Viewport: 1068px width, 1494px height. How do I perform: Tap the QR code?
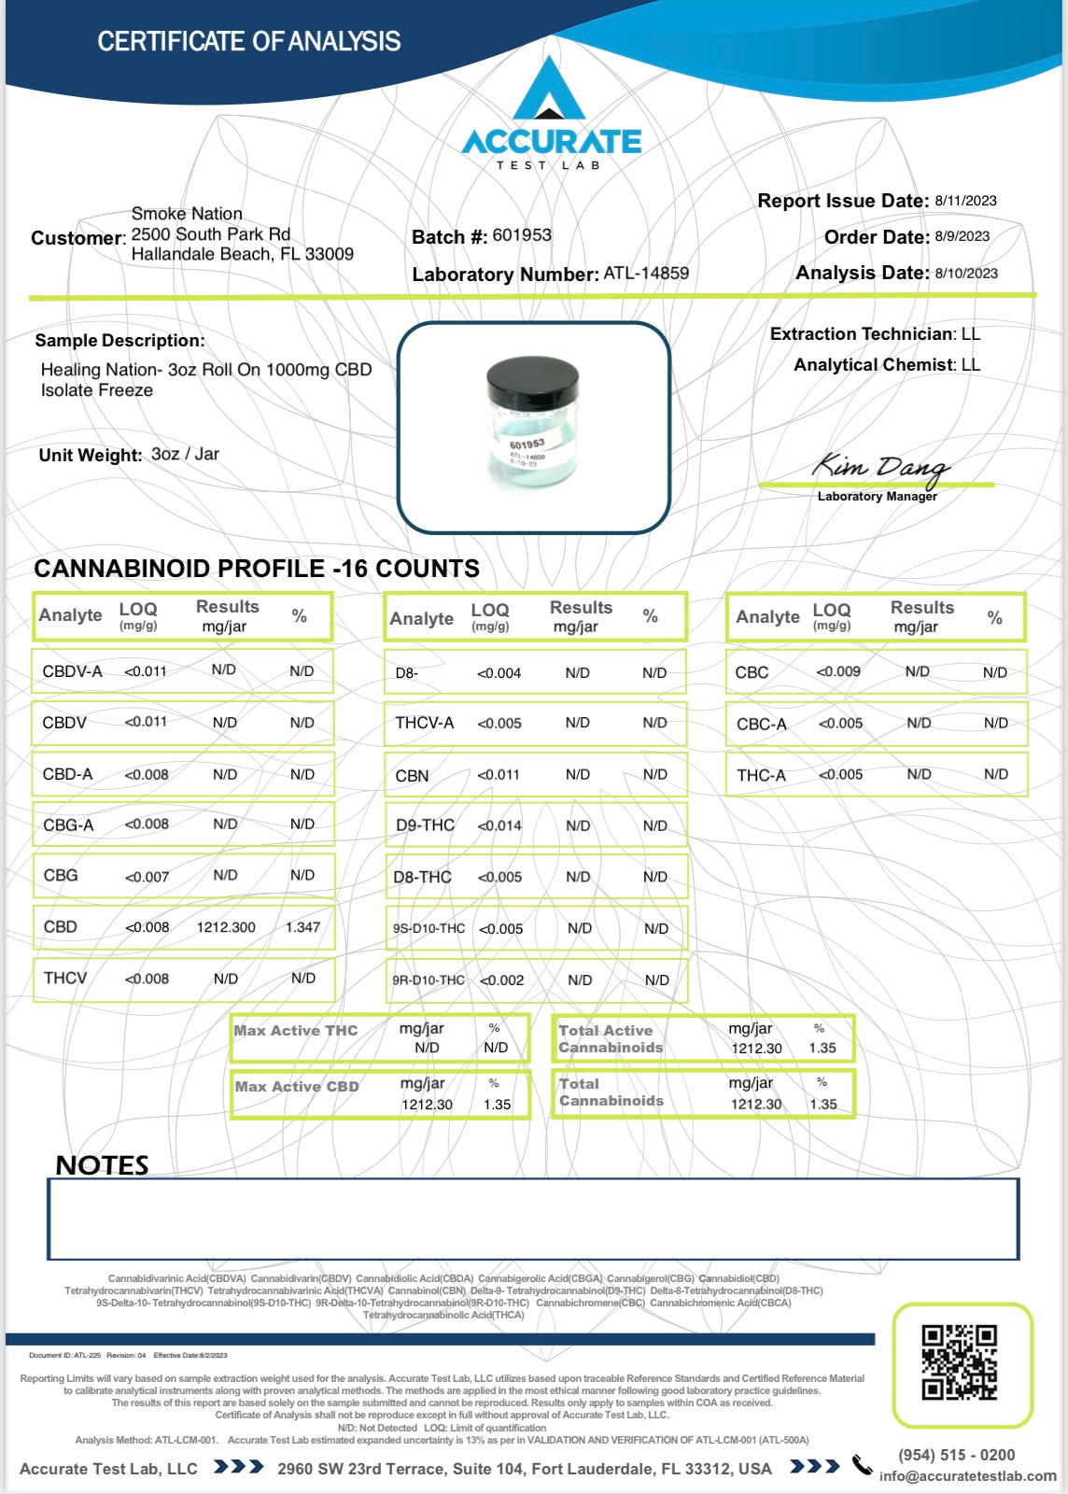[959, 1362]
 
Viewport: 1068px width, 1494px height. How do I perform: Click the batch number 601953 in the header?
[522, 235]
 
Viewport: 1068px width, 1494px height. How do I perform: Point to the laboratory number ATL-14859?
[646, 274]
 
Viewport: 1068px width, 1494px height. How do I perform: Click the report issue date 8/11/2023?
[965, 201]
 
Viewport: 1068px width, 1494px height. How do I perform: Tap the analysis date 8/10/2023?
[966, 274]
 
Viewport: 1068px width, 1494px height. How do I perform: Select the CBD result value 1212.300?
[226, 927]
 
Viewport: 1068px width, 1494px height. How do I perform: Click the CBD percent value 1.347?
[302, 927]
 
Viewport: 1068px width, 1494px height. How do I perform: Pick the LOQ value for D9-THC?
[499, 825]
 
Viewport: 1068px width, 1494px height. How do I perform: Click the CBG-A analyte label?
[68, 825]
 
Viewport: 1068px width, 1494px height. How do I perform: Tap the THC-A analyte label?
[761, 775]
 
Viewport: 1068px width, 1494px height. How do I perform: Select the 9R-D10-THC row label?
[429, 980]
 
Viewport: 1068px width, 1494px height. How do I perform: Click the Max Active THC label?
[296, 1031]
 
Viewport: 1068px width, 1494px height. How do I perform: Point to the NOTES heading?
[102, 1165]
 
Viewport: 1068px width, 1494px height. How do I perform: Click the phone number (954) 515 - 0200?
[956, 1455]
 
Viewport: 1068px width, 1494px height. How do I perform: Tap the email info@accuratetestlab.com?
[967, 1476]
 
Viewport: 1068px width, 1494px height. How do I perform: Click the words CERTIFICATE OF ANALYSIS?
[249, 42]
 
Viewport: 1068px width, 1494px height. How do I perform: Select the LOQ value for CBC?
[838, 671]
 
